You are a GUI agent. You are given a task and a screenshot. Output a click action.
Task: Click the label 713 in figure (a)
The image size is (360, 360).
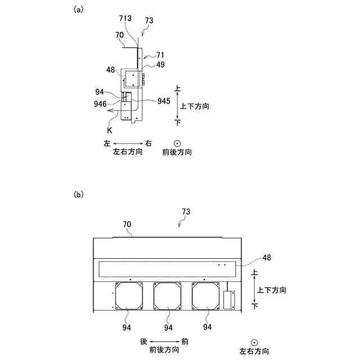click(x=126, y=19)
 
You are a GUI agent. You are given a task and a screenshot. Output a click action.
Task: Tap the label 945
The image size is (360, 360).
click(x=164, y=101)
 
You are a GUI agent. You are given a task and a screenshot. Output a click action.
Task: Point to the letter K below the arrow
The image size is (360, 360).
click(x=103, y=129)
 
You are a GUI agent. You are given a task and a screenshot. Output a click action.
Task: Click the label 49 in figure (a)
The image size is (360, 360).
click(x=161, y=65)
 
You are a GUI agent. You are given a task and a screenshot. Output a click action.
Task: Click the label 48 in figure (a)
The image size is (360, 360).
click(x=110, y=70)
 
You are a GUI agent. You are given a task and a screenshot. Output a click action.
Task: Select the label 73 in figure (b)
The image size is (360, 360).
click(x=186, y=211)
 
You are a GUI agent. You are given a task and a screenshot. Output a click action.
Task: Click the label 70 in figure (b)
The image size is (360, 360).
click(x=127, y=224)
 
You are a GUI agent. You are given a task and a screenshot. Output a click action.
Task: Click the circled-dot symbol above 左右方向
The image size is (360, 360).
click(x=254, y=341)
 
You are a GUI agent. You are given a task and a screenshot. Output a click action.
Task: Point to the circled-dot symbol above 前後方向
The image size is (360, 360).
click(x=177, y=143)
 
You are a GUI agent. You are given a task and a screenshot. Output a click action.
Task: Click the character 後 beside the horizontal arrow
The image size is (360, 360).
click(x=143, y=341)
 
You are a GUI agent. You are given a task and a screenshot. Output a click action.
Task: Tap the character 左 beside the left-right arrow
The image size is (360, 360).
click(x=107, y=143)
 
